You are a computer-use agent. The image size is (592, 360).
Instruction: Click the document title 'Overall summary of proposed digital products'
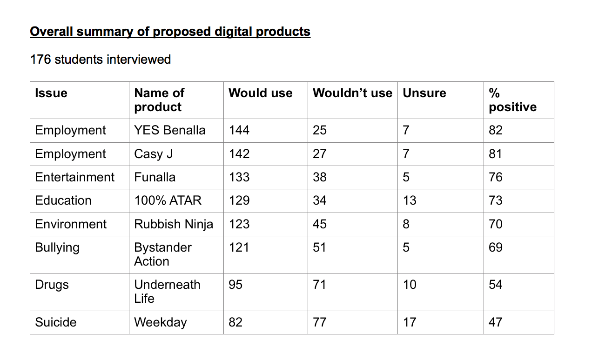coord(170,32)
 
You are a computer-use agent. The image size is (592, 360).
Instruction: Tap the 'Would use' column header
coord(260,93)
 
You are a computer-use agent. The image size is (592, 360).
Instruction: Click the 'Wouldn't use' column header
coord(352,93)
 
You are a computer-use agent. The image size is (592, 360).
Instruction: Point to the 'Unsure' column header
coord(424,93)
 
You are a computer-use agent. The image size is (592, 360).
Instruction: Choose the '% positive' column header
coord(512,100)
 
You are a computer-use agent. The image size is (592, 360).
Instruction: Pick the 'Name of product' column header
coord(159,100)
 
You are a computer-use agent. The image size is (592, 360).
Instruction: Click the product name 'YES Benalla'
coord(169,130)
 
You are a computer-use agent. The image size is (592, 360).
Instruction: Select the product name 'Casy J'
coord(153,154)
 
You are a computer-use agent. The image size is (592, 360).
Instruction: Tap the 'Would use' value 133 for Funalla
coord(239,177)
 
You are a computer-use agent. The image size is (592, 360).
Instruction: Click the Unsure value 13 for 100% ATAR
coord(410,200)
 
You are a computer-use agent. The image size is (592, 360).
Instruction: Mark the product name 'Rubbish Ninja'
coord(173,224)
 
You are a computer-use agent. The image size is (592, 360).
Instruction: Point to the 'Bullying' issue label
coord(57,247)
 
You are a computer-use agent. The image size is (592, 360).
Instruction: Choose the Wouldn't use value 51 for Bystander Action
coord(319,247)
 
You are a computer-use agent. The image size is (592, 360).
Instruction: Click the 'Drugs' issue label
coord(52,285)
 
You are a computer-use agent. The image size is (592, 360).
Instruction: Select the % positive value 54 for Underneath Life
coord(495,285)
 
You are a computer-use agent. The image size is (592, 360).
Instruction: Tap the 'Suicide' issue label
coord(55,322)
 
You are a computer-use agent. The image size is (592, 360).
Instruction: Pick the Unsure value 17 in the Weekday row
coord(410,322)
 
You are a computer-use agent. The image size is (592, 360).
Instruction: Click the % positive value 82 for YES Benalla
coord(495,130)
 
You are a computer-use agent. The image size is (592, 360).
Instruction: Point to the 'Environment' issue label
coord(71,224)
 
